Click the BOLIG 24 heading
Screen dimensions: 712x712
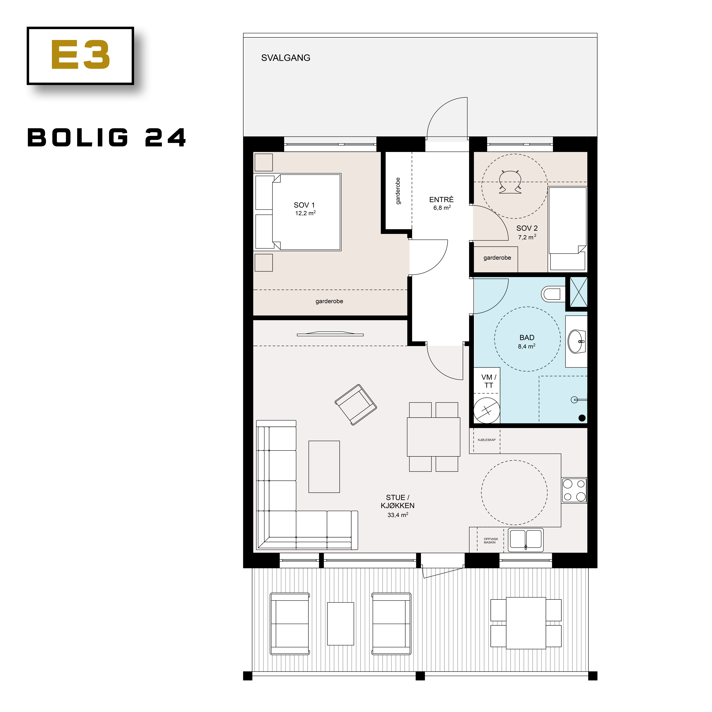(107, 138)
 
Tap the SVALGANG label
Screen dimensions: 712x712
(286, 58)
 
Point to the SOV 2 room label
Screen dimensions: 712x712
(527, 228)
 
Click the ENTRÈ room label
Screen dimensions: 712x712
(441, 200)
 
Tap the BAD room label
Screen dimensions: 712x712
(527, 338)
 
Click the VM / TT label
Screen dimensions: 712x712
(489, 381)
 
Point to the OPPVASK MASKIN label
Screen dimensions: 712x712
(490, 541)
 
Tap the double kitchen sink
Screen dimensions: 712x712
(526, 540)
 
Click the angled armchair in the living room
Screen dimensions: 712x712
(356, 405)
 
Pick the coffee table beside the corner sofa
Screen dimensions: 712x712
(324, 467)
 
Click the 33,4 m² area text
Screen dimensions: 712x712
(398, 515)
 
